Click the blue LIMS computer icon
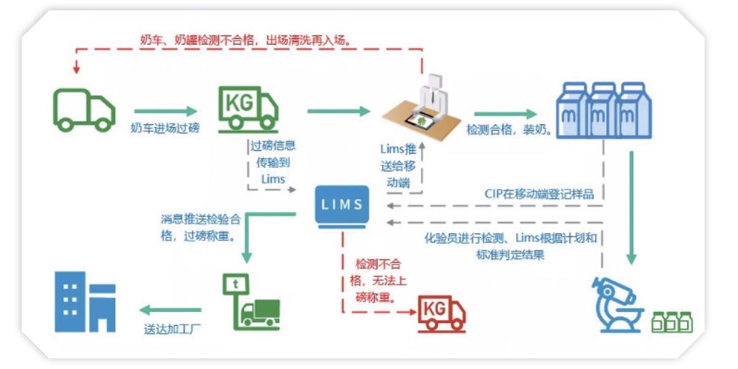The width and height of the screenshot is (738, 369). pos(342,206)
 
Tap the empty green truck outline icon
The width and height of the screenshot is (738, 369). pos(84,111)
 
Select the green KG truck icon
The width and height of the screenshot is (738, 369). pos(248,109)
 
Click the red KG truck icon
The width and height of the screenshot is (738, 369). pos(442,314)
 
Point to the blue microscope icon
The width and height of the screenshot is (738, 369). pos(617,305)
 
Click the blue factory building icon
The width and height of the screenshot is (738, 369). pos(85,302)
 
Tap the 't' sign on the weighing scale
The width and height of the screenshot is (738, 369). pos(236,284)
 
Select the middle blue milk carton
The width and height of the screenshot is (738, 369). pos(603,110)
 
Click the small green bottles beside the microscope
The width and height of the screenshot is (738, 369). pos(672,322)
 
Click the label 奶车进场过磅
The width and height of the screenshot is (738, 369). pos(165,128)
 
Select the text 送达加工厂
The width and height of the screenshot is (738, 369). pos(172,329)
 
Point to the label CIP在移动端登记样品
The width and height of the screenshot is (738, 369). pos(539,194)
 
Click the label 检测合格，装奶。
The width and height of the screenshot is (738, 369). pos(509,130)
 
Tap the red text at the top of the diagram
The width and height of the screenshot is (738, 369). pos(246,40)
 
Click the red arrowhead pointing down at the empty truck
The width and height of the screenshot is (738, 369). pos(76,69)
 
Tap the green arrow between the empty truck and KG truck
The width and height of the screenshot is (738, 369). pos(165,111)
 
